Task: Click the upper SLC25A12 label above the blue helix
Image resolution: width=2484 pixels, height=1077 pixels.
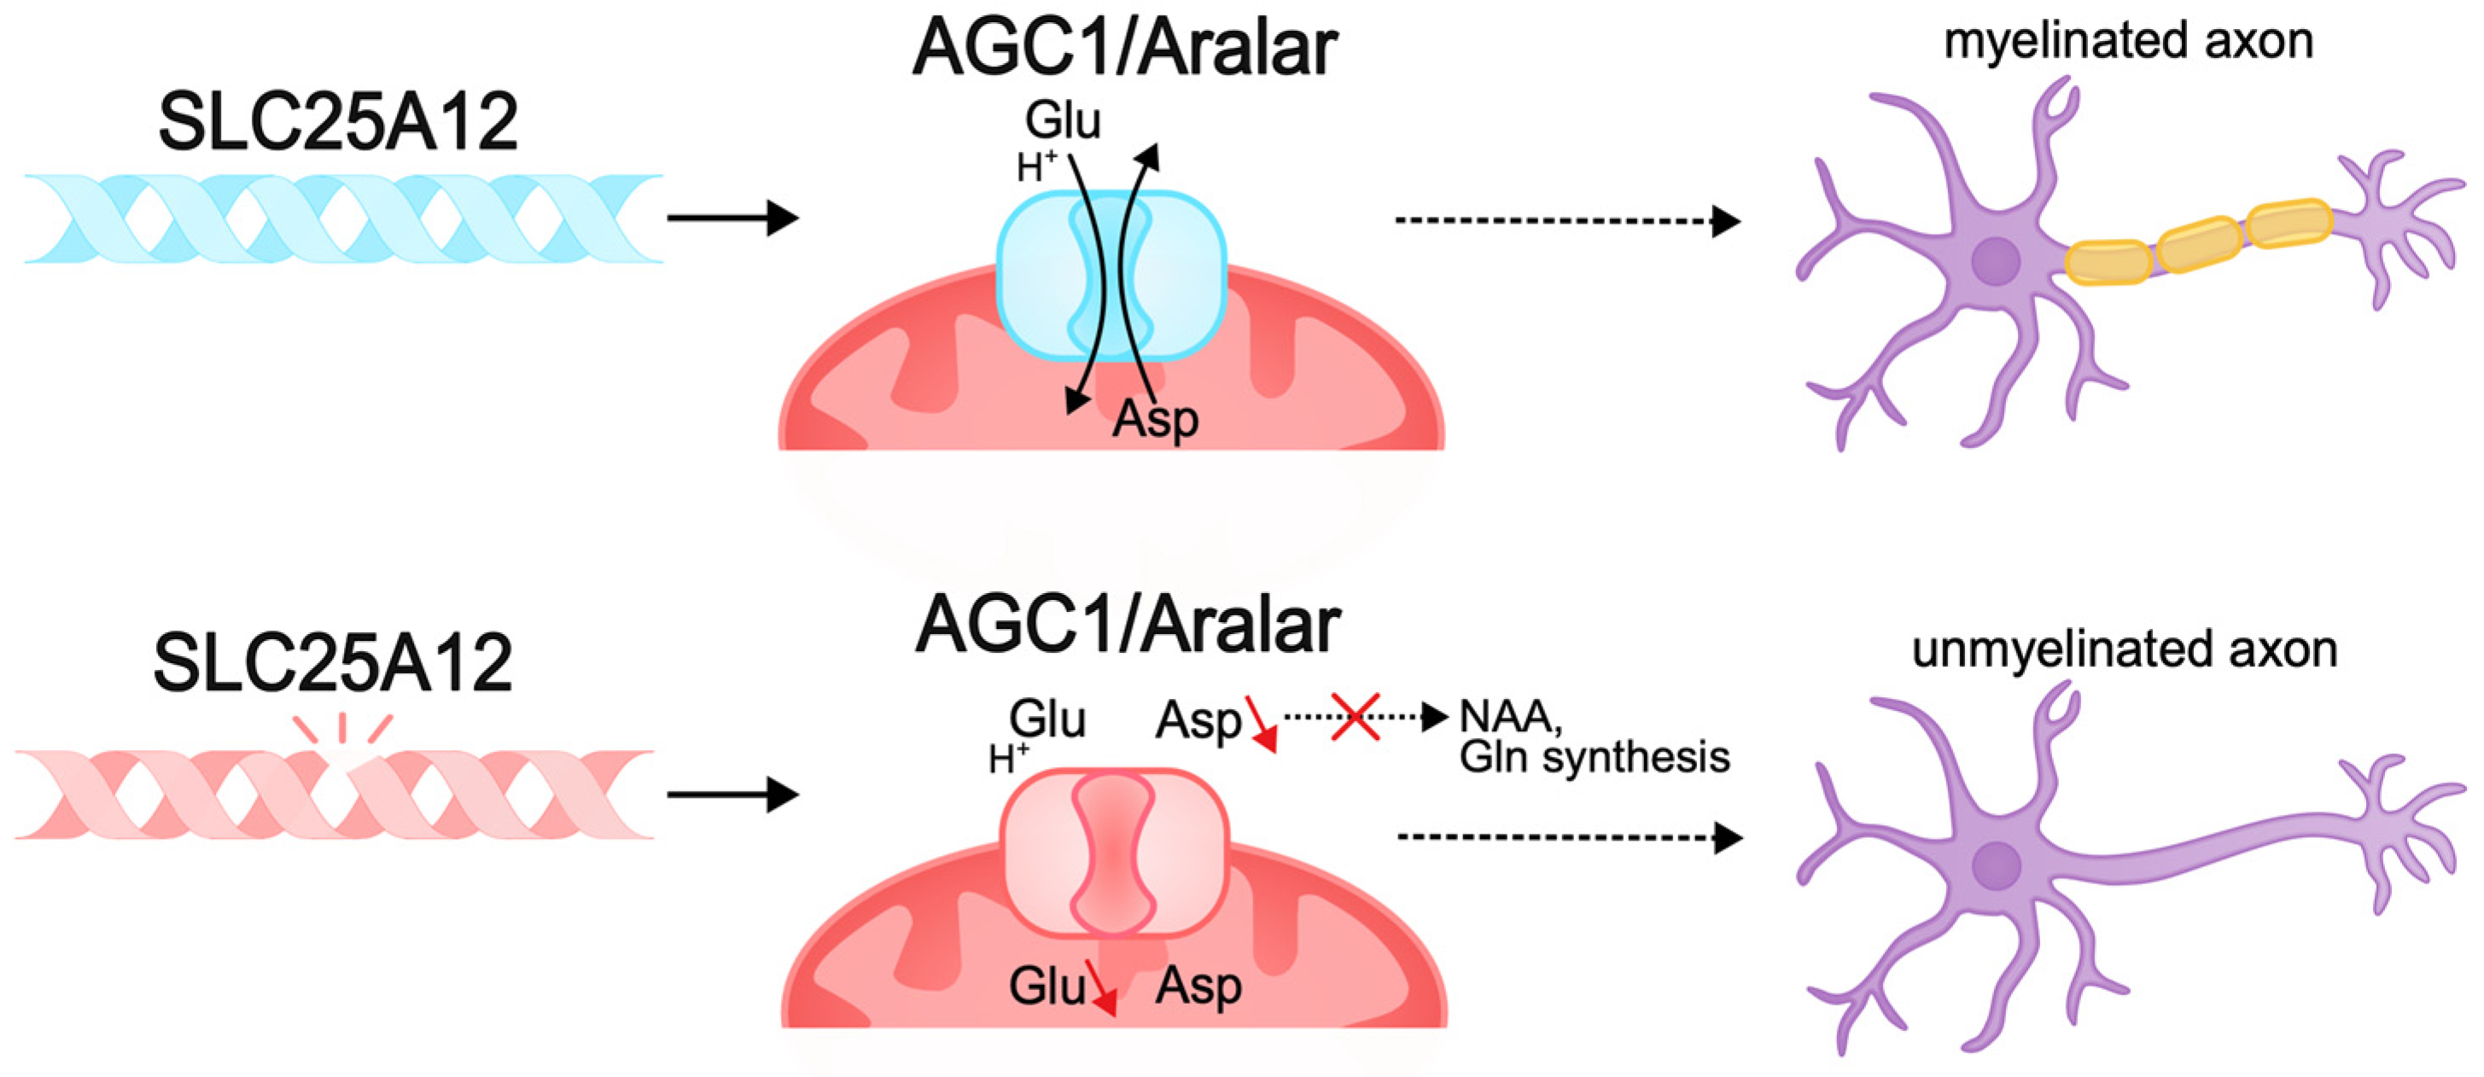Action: [x=337, y=122]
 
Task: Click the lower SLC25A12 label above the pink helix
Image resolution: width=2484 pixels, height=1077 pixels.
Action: [x=333, y=663]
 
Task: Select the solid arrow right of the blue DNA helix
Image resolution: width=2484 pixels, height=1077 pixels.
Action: [x=733, y=218]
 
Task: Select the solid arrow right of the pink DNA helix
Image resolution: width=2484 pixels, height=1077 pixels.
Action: [x=733, y=795]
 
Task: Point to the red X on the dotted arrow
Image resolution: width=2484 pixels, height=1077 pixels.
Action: [x=1355, y=716]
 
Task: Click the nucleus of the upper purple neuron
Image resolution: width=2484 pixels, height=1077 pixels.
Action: [x=1995, y=261]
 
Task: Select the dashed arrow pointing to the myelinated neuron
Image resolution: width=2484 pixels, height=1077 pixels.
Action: [x=1567, y=221]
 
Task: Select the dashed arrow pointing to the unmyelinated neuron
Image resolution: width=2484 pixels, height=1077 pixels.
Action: [x=1569, y=838]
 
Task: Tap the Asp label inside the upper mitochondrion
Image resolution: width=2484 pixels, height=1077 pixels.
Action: [x=1155, y=419]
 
